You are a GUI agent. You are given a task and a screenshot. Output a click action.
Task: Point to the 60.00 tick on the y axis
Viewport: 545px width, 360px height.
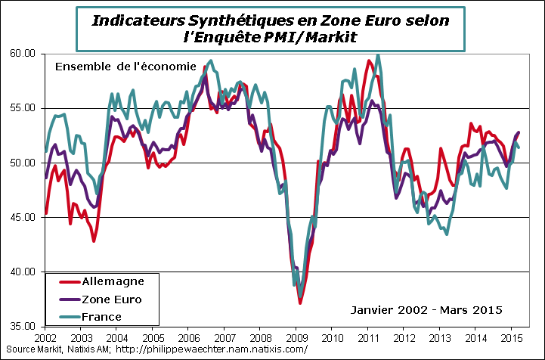pos(23,54)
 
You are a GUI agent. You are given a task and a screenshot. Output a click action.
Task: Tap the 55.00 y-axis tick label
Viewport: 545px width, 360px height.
pos(23,108)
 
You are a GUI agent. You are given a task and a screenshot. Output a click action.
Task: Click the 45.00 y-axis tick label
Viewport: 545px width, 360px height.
pos(23,217)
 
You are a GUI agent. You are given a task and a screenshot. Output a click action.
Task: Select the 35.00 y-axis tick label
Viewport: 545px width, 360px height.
pos(23,327)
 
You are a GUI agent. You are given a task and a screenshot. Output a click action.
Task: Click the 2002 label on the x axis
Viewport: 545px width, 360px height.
pos(45,337)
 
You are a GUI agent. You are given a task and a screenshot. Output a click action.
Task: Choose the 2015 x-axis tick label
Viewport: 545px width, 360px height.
pos(511,337)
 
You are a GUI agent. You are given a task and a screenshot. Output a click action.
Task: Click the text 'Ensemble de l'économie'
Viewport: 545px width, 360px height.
pos(125,67)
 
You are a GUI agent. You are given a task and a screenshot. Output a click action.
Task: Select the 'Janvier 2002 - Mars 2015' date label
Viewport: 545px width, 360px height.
pos(427,309)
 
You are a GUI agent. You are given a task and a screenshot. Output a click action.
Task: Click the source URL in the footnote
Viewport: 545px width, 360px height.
pos(214,349)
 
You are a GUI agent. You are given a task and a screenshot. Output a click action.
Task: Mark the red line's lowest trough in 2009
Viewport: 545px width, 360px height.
pos(300,303)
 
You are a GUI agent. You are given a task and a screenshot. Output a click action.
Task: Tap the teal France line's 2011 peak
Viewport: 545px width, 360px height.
pos(377,54)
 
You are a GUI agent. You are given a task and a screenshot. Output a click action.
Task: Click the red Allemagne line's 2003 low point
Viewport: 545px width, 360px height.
pos(94,241)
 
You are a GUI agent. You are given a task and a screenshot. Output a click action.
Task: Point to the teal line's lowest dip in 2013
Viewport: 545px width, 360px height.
pos(447,234)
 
